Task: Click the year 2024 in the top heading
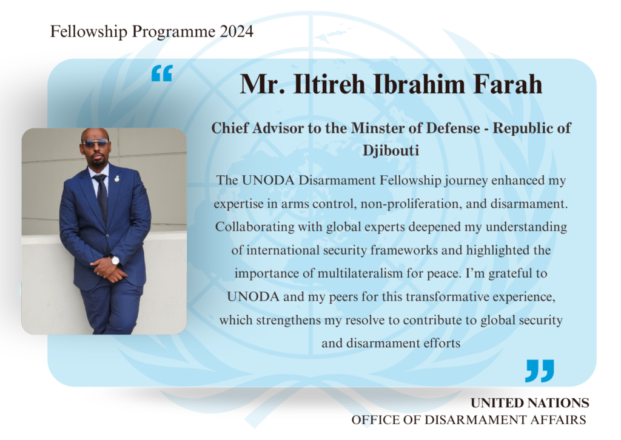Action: [x=237, y=32]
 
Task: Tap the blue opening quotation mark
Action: [x=162, y=73]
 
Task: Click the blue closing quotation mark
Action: [x=539, y=371]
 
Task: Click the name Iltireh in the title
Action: [x=329, y=84]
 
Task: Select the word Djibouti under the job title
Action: [x=391, y=151]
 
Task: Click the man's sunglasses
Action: [x=95, y=142]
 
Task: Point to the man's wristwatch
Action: [x=115, y=260]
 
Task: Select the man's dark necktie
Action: [x=101, y=196]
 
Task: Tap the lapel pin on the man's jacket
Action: [x=117, y=178]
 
